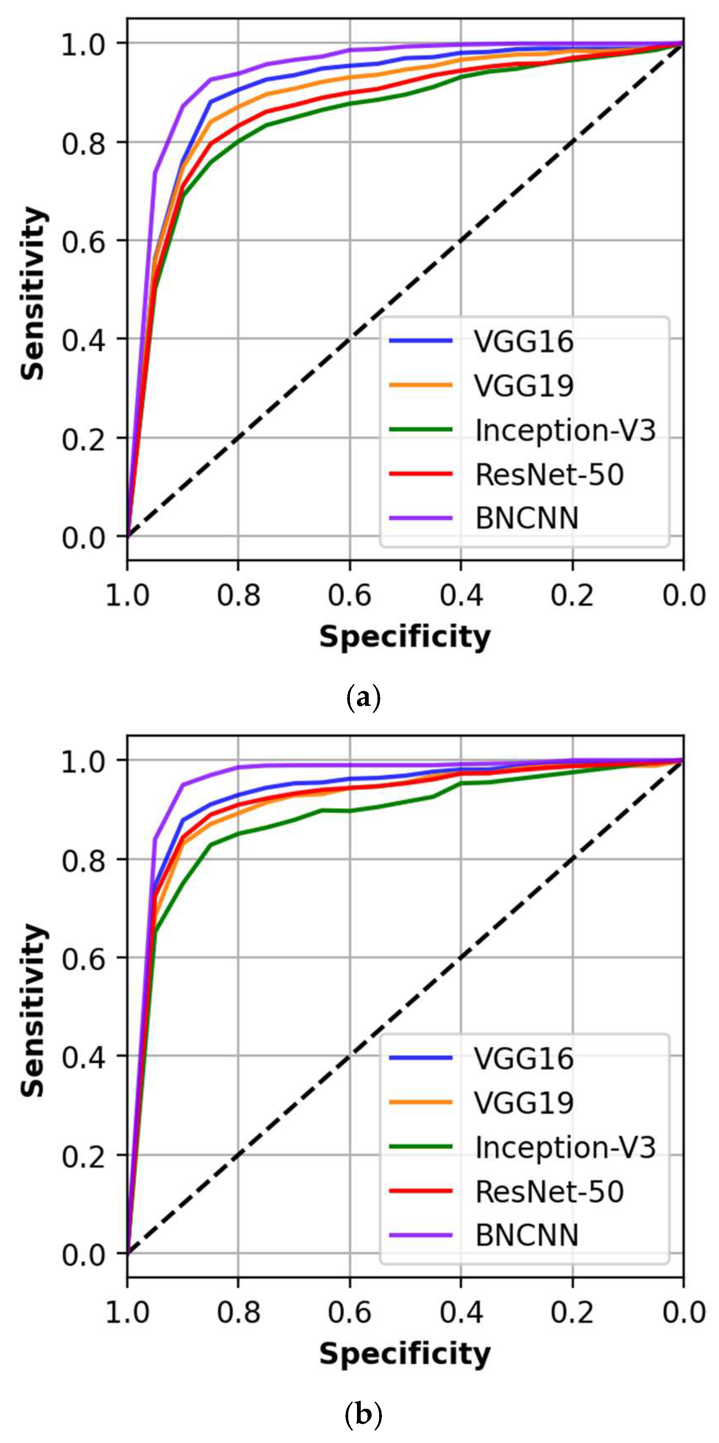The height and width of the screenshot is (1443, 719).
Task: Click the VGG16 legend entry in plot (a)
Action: click(523, 341)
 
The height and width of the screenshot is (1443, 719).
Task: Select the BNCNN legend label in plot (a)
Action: click(526, 518)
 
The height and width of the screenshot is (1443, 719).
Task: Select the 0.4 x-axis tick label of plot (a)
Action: click(461, 595)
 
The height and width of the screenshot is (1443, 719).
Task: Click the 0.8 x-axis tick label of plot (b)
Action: click(239, 1312)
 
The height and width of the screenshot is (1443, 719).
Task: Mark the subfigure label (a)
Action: click(363, 698)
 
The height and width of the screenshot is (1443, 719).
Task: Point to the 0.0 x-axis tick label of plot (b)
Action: click(683, 1312)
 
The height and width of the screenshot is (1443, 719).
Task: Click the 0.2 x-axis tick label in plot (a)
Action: click(572, 595)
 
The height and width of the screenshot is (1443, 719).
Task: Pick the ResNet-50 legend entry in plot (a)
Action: click(549, 474)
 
